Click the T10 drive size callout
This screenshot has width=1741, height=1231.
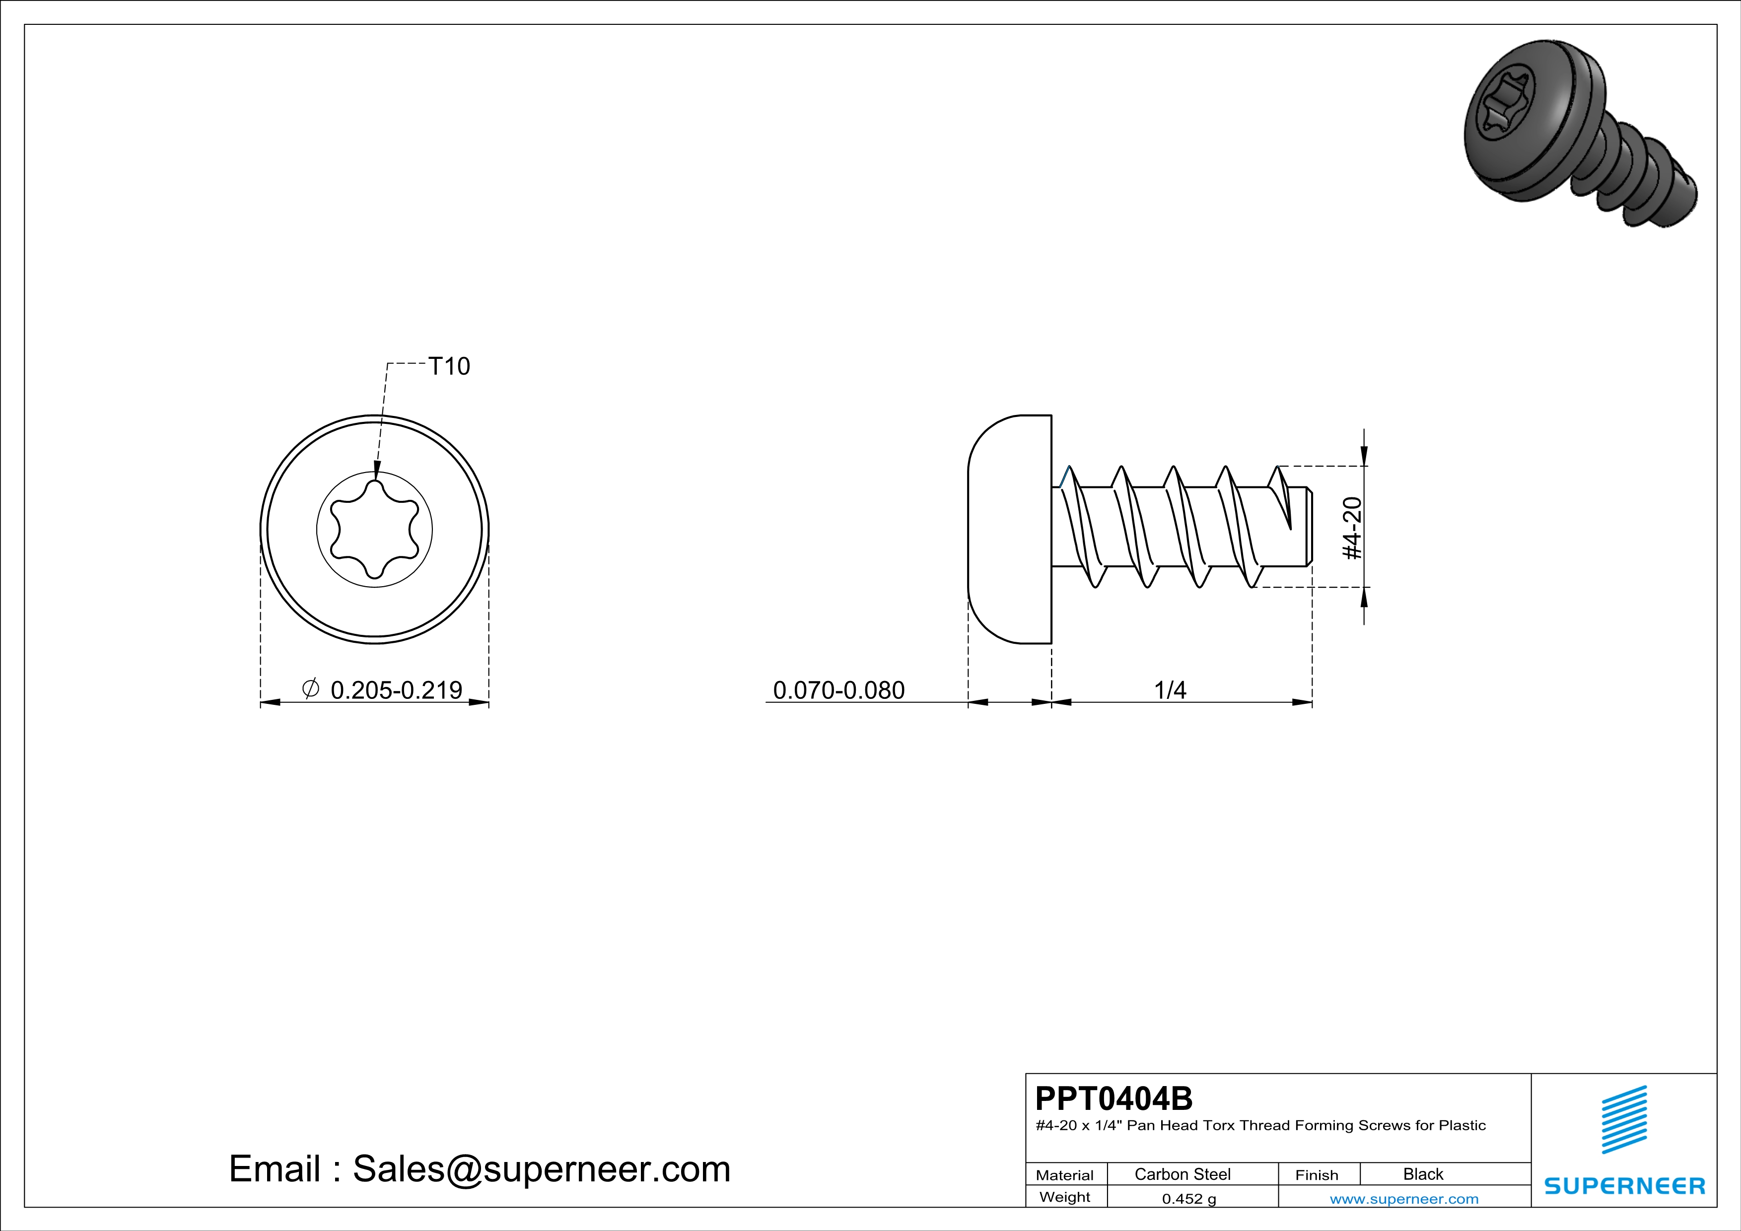(449, 366)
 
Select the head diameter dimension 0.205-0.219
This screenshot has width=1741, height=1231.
(396, 690)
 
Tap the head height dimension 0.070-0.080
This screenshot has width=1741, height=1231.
(838, 690)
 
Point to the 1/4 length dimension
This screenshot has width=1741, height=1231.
(1170, 690)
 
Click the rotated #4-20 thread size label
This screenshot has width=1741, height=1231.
(1352, 528)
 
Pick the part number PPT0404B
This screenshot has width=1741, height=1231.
(1114, 1097)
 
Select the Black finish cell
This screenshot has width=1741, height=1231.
(1423, 1174)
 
